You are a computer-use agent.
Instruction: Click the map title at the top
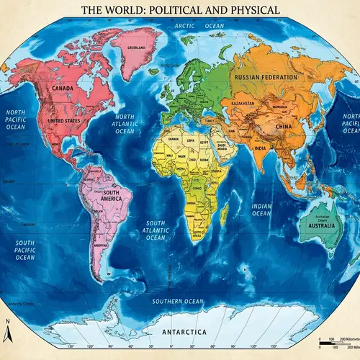click(180, 10)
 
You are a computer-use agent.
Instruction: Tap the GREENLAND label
click(137, 48)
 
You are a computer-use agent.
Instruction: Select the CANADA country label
click(63, 89)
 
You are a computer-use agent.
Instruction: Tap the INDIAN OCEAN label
click(261, 210)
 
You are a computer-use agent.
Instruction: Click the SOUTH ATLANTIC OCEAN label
click(156, 230)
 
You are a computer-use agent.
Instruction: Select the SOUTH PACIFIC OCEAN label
click(25, 250)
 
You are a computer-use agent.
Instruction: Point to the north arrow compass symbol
click(7, 331)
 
